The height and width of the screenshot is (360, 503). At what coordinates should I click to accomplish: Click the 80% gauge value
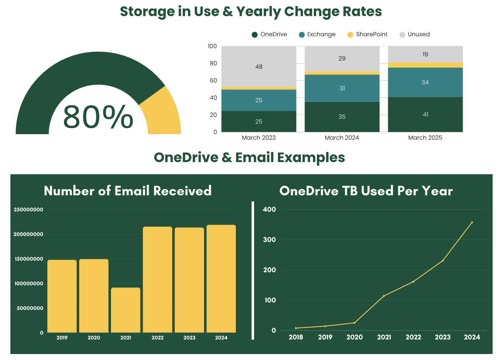98,117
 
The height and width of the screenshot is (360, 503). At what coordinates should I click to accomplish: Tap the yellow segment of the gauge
162,112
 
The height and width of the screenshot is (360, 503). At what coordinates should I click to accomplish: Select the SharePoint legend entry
371,34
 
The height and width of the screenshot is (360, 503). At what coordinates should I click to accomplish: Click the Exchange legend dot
302,35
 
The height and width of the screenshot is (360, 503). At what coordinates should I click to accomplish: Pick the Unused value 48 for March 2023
259,67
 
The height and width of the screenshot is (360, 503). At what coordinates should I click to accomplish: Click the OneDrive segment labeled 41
425,115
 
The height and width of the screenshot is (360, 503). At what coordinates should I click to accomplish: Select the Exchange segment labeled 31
342,89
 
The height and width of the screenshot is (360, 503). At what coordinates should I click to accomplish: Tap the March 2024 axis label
342,138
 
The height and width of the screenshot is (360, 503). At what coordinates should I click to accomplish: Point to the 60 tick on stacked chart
213,81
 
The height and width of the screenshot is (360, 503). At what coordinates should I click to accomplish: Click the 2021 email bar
126,310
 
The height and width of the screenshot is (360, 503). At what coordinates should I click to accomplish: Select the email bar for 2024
221,279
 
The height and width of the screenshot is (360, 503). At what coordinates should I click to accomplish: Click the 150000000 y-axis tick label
29,259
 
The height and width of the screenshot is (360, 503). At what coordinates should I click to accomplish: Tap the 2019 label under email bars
62,338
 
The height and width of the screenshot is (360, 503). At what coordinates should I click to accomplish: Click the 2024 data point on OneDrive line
472,223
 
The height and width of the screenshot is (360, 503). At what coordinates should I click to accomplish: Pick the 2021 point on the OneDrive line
384,296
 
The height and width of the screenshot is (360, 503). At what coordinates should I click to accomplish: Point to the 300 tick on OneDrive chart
269,240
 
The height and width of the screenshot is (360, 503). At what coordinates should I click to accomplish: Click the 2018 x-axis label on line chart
296,337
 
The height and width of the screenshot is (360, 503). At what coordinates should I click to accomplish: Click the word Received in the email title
182,191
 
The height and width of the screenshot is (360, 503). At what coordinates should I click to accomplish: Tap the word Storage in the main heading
147,12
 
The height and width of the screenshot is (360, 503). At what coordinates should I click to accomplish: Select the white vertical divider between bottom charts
253,271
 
